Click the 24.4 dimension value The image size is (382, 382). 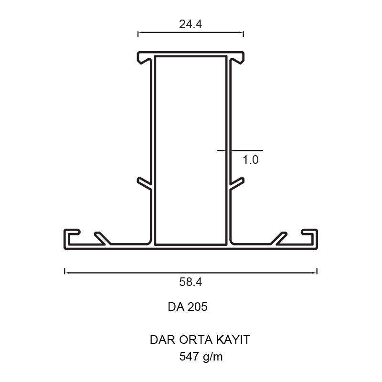pyautogui.click(x=191, y=24)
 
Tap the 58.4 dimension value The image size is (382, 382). pyautogui.click(x=191, y=282)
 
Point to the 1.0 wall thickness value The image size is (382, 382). pyautogui.click(x=250, y=160)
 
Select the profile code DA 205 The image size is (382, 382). pyautogui.click(x=188, y=307)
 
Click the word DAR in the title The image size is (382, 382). pyautogui.click(x=162, y=340)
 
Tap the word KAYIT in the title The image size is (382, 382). pyautogui.click(x=233, y=340)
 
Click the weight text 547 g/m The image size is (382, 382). pyautogui.click(x=201, y=357)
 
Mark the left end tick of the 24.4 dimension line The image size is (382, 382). pyautogui.click(x=138, y=34)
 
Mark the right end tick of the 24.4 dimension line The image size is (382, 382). pyautogui.click(x=244, y=34)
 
